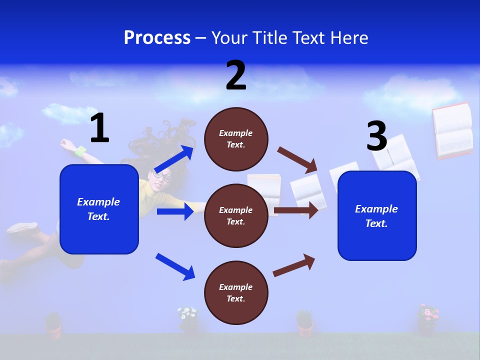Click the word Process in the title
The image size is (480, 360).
pyautogui.click(x=157, y=38)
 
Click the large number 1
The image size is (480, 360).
pyautogui.click(x=99, y=128)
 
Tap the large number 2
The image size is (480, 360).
pyautogui.click(x=236, y=75)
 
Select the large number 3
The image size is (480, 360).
pyautogui.click(x=376, y=136)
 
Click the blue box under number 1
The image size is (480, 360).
pyautogui.click(x=99, y=209)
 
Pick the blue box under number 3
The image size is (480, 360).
pyautogui.click(x=377, y=215)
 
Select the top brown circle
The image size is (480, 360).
pyautogui.click(x=236, y=138)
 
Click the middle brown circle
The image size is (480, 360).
pyautogui.click(x=236, y=215)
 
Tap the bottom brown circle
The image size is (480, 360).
pyautogui.click(x=236, y=292)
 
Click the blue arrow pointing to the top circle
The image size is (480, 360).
pyautogui.click(x=175, y=159)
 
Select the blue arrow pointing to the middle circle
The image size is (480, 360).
pyautogui.click(x=175, y=211)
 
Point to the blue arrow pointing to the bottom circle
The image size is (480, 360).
pyautogui.click(x=175, y=266)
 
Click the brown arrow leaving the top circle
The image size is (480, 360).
pyautogui.click(x=297, y=158)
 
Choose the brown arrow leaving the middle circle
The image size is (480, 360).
pyautogui.click(x=296, y=210)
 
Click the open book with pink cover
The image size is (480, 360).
pyautogui.click(x=452, y=131)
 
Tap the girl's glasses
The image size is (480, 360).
pyautogui.click(x=162, y=176)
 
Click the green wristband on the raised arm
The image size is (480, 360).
pyautogui.click(x=80, y=150)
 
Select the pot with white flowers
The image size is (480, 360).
pyautogui.click(x=188, y=320)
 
